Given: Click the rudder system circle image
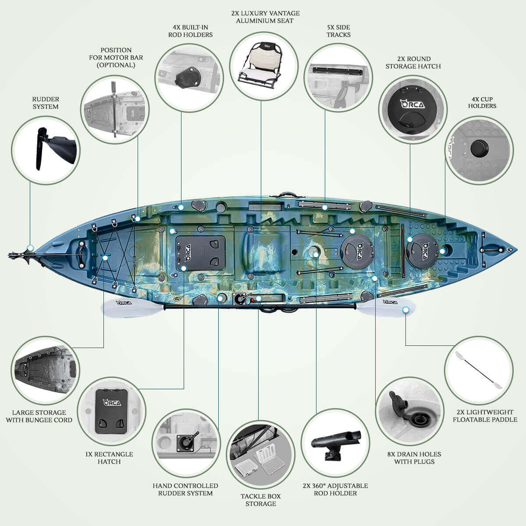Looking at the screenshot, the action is (x=46, y=150).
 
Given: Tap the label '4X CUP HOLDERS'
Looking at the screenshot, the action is (x=482, y=103).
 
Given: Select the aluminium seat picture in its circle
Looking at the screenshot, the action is (x=264, y=66).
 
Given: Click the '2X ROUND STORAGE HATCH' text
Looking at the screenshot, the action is (x=413, y=63).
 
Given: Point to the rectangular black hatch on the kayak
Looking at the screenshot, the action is (x=201, y=253).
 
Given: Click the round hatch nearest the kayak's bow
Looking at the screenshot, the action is (x=422, y=249).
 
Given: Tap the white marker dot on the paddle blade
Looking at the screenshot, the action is (x=405, y=310).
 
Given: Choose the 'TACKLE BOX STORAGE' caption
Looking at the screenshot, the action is (x=261, y=500).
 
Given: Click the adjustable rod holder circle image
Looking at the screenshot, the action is (x=335, y=443).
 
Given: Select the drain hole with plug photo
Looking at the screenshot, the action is (x=409, y=412).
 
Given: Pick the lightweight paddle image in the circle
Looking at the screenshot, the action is (x=479, y=370).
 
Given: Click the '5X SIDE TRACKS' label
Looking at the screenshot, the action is (x=338, y=31).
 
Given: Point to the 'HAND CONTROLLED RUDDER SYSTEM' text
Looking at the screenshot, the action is (x=185, y=490).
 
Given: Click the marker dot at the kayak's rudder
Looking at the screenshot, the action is (x=31, y=248).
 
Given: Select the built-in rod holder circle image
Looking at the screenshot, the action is (x=189, y=78).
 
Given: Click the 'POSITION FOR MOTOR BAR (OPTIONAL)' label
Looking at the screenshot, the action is (x=116, y=57).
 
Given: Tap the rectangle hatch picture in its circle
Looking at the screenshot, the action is (x=112, y=411).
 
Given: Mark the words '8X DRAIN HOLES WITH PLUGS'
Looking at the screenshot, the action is (x=414, y=458).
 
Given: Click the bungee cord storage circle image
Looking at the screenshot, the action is (x=46, y=370).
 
